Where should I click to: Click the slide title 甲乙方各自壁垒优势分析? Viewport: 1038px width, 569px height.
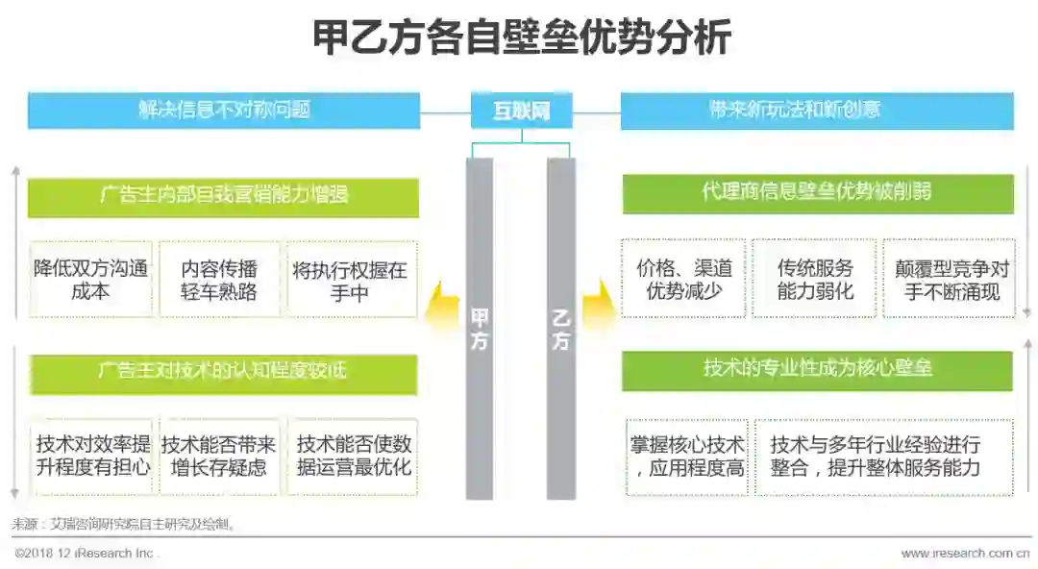[522, 38]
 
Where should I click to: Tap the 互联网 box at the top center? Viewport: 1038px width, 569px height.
[521, 110]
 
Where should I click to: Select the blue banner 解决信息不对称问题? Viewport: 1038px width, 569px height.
[224, 110]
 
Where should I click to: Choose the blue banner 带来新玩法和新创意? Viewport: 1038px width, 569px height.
[817, 110]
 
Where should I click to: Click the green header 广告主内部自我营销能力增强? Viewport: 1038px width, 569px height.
[223, 196]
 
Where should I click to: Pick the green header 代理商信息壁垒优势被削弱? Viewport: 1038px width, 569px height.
[817, 192]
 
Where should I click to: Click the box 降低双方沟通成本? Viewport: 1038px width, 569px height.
[91, 280]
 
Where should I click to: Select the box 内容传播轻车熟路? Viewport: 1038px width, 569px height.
[220, 280]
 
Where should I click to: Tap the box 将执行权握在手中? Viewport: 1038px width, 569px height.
[351, 280]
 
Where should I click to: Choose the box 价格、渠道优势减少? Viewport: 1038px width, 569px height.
[683, 279]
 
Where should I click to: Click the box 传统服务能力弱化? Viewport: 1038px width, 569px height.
[814, 279]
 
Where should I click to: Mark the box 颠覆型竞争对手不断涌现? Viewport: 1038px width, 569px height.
[948, 279]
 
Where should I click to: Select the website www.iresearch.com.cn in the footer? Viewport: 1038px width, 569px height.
[965, 554]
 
